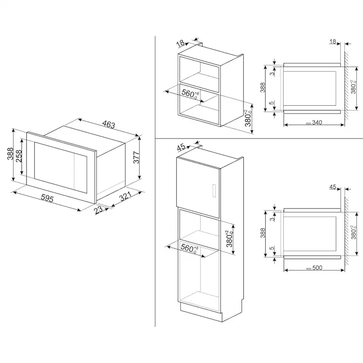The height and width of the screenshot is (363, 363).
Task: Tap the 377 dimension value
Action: coord(136,157)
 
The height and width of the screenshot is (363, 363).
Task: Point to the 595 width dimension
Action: coord(47,199)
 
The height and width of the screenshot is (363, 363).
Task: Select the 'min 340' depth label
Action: coord(314,122)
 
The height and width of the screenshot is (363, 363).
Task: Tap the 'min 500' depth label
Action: coord(314,268)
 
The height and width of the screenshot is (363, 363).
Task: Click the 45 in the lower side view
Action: coord(333,187)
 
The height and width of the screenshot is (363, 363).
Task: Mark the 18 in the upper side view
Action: coord(332,42)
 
